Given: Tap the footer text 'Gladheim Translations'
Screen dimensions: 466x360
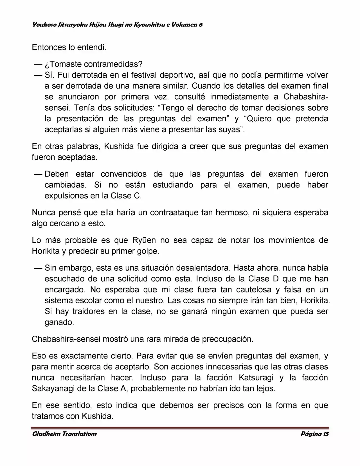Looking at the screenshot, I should click(65, 434).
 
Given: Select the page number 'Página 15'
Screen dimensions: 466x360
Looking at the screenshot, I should click(314, 434).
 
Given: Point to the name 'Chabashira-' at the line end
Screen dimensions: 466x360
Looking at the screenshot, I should click(306, 97).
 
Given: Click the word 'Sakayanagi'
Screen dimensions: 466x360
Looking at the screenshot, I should click(51, 388).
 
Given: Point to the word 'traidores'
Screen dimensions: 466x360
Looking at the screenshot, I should click(89, 311).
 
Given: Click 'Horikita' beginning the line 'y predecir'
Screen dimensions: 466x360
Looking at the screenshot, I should click(46, 251).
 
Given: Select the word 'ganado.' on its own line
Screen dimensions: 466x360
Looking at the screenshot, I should click(59, 322).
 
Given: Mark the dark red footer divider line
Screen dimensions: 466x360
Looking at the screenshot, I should click(180, 428).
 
